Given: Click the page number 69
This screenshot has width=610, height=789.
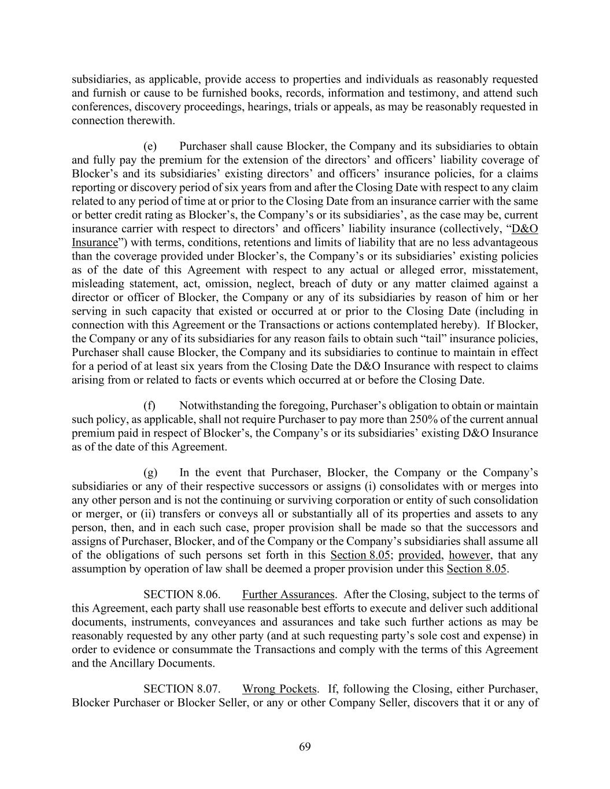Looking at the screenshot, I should [305, 747].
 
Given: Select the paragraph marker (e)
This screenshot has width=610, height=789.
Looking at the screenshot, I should [150, 146].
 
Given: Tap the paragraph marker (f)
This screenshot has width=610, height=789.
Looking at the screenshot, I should [150, 406].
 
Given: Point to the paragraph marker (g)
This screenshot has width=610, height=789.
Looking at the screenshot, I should [150, 473].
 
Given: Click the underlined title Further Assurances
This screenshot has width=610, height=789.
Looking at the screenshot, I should [288, 594].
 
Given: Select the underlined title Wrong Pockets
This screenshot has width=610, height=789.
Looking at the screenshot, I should [279, 689].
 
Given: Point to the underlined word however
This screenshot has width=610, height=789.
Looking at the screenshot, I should [470, 555].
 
